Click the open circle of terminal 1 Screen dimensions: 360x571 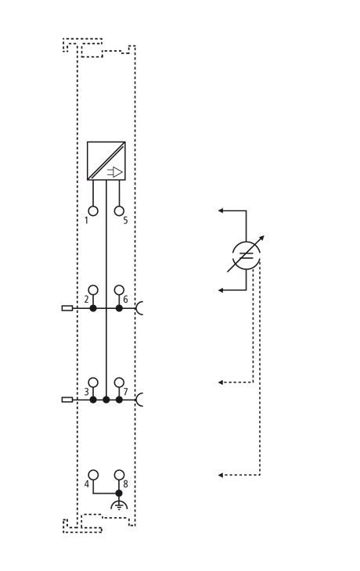[93, 211]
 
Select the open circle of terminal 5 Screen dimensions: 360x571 [119, 211]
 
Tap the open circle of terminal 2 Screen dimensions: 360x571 [93, 290]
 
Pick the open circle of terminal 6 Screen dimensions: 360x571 [119, 290]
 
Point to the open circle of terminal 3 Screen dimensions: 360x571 [93, 382]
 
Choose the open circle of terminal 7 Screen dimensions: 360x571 [119, 382]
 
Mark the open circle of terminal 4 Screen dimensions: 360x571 [93, 475]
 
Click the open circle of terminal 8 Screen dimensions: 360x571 [119, 475]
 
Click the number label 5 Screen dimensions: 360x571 [125, 221]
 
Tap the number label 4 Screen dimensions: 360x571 [86, 484]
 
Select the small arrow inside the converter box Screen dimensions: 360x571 [115, 172]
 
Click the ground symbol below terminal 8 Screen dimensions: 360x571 [119, 505]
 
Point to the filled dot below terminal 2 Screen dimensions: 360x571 [93, 308]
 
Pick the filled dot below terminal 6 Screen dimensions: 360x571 [119, 308]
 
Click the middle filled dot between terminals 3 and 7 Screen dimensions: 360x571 [106, 400]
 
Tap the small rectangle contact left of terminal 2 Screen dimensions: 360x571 [67, 308]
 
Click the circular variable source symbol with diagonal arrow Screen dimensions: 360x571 [247, 255]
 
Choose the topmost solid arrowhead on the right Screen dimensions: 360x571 [221, 210]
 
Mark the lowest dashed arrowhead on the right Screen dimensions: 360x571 [221, 476]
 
